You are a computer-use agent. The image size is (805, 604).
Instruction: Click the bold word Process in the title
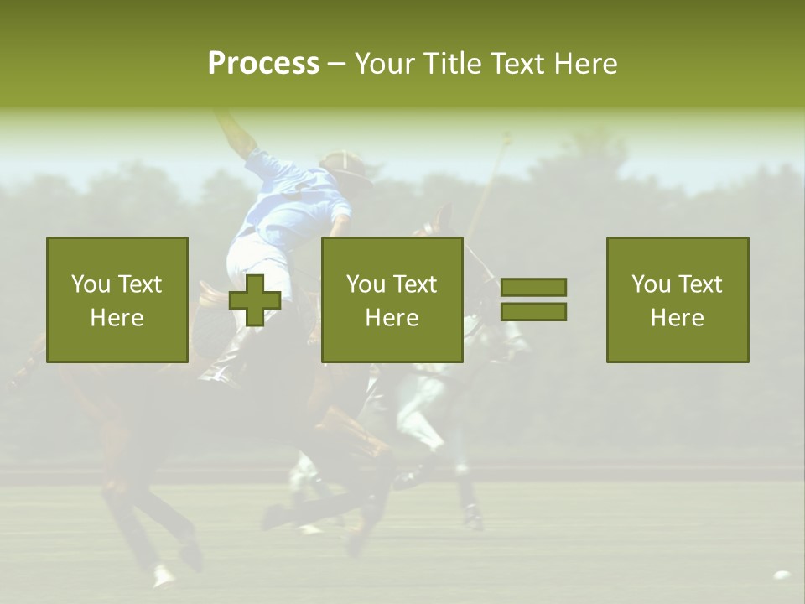(263, 64)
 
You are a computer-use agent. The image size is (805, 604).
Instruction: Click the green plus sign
(255, 300)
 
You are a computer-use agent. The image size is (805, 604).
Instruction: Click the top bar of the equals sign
(533, 288)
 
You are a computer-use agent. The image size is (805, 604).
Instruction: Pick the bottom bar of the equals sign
(533, 312)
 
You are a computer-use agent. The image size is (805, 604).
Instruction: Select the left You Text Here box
(117, 299)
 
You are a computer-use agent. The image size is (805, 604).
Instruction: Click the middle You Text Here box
(392, 299)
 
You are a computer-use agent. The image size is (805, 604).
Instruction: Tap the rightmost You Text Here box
(678, 299)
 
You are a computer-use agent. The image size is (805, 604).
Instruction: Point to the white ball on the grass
(782, 575)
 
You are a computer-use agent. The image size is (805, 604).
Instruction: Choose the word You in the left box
(90, 284)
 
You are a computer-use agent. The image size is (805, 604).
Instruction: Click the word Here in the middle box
(392, 318)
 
